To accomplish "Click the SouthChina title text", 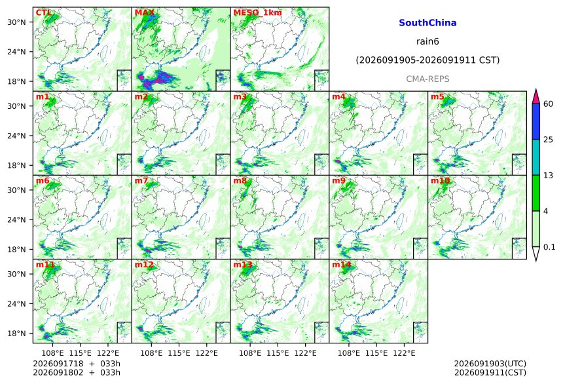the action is pyautogui.click(x=427, y=23).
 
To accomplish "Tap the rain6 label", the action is pyautogui.click(x=427, y=41).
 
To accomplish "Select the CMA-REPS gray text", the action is pyautogui.click(x=427, y=79).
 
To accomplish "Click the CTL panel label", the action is pyautogui.click(x=43, y=12).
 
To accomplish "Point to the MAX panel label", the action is pyautogui.click(x=144, y=12).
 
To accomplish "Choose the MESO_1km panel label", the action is pyautogui.click(x=257, y=12).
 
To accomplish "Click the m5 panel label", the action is pyautogui.click(x=437, y=97).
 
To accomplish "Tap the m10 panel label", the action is pyautogui.click(x=440, y=180).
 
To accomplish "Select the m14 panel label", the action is pyautogui.click(x=342, y=265).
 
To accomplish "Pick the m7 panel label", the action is pyautogui.click(x=141, y=180).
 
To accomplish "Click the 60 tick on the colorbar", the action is pyautogui.click(x=549, y=104).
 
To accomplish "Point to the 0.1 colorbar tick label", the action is pyautogui.click(x=549, y=247).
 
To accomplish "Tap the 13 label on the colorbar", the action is pyautogui.click(x=549, y=176).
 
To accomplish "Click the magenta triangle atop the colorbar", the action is pyautogui.click(x=536, y=97).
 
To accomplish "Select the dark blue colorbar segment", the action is pyautogui.click(x=536, y=121).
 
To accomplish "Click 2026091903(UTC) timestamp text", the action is pyautogui.click(x=490, y=364).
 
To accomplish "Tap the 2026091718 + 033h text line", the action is pyautogui.click(x=77, y=364).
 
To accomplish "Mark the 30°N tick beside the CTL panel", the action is pyautogui.click(x=16, y=22).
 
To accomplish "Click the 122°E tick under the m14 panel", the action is pyautogui.click(x=404, y=353).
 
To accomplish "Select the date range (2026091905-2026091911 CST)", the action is pyautogui.click(x=427, y=60).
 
